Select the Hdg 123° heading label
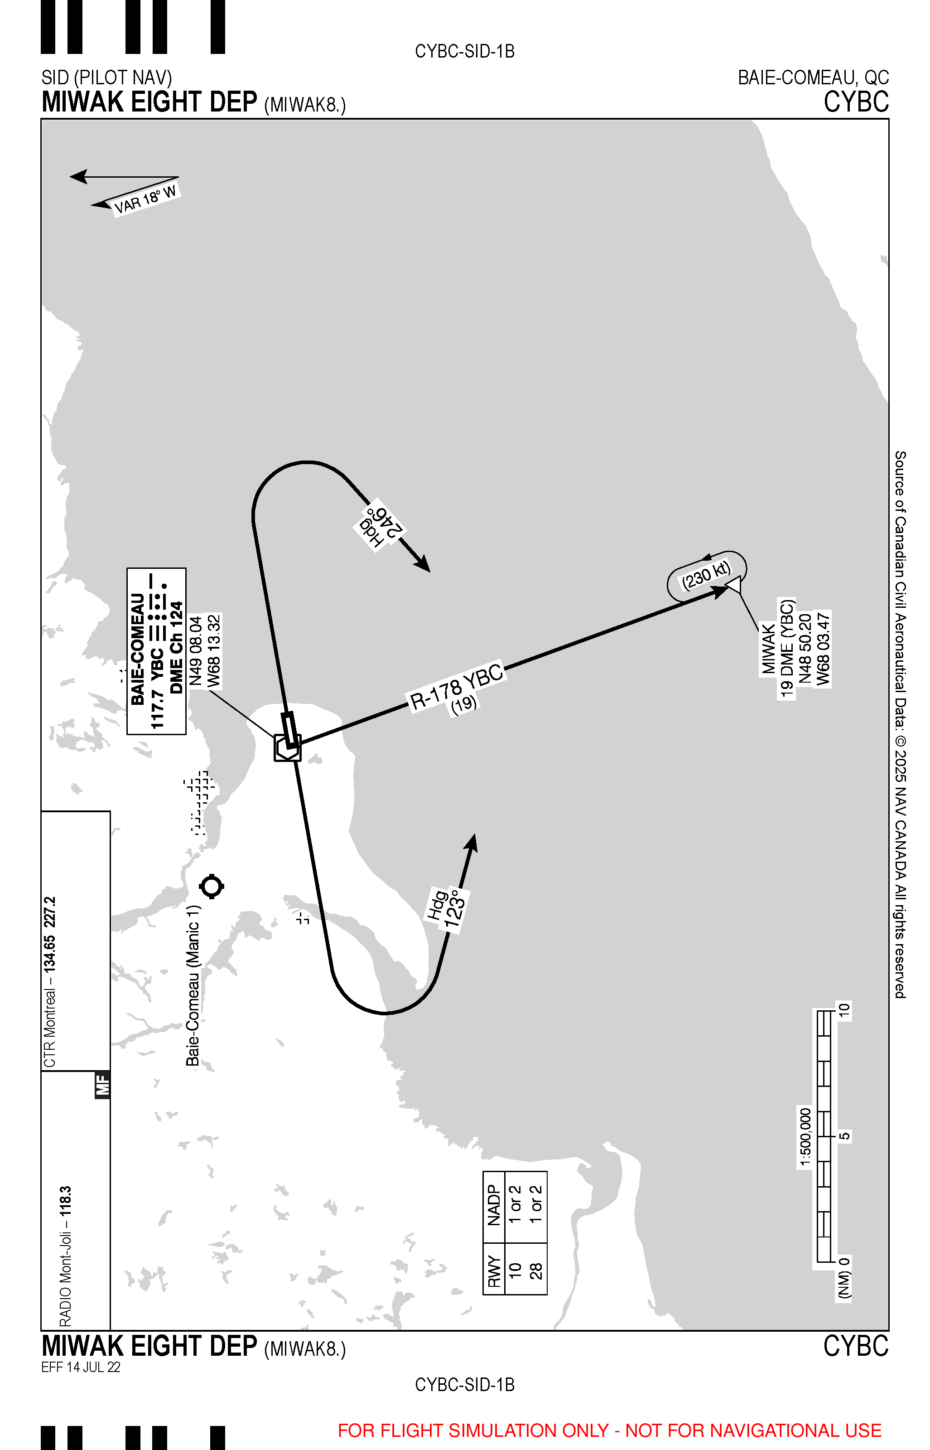pos(448,910)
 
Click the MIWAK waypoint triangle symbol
pos(734,584)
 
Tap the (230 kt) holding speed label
pos(706,575)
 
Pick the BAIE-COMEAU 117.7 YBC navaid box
pos(156,651)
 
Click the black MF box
pos(103,1085)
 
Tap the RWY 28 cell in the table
pos(535,1271)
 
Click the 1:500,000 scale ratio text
pos(805,1138)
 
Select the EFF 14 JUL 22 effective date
pos(81,1367)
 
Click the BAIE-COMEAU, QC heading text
pos(813,78)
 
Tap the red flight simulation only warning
pos(609,1430)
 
